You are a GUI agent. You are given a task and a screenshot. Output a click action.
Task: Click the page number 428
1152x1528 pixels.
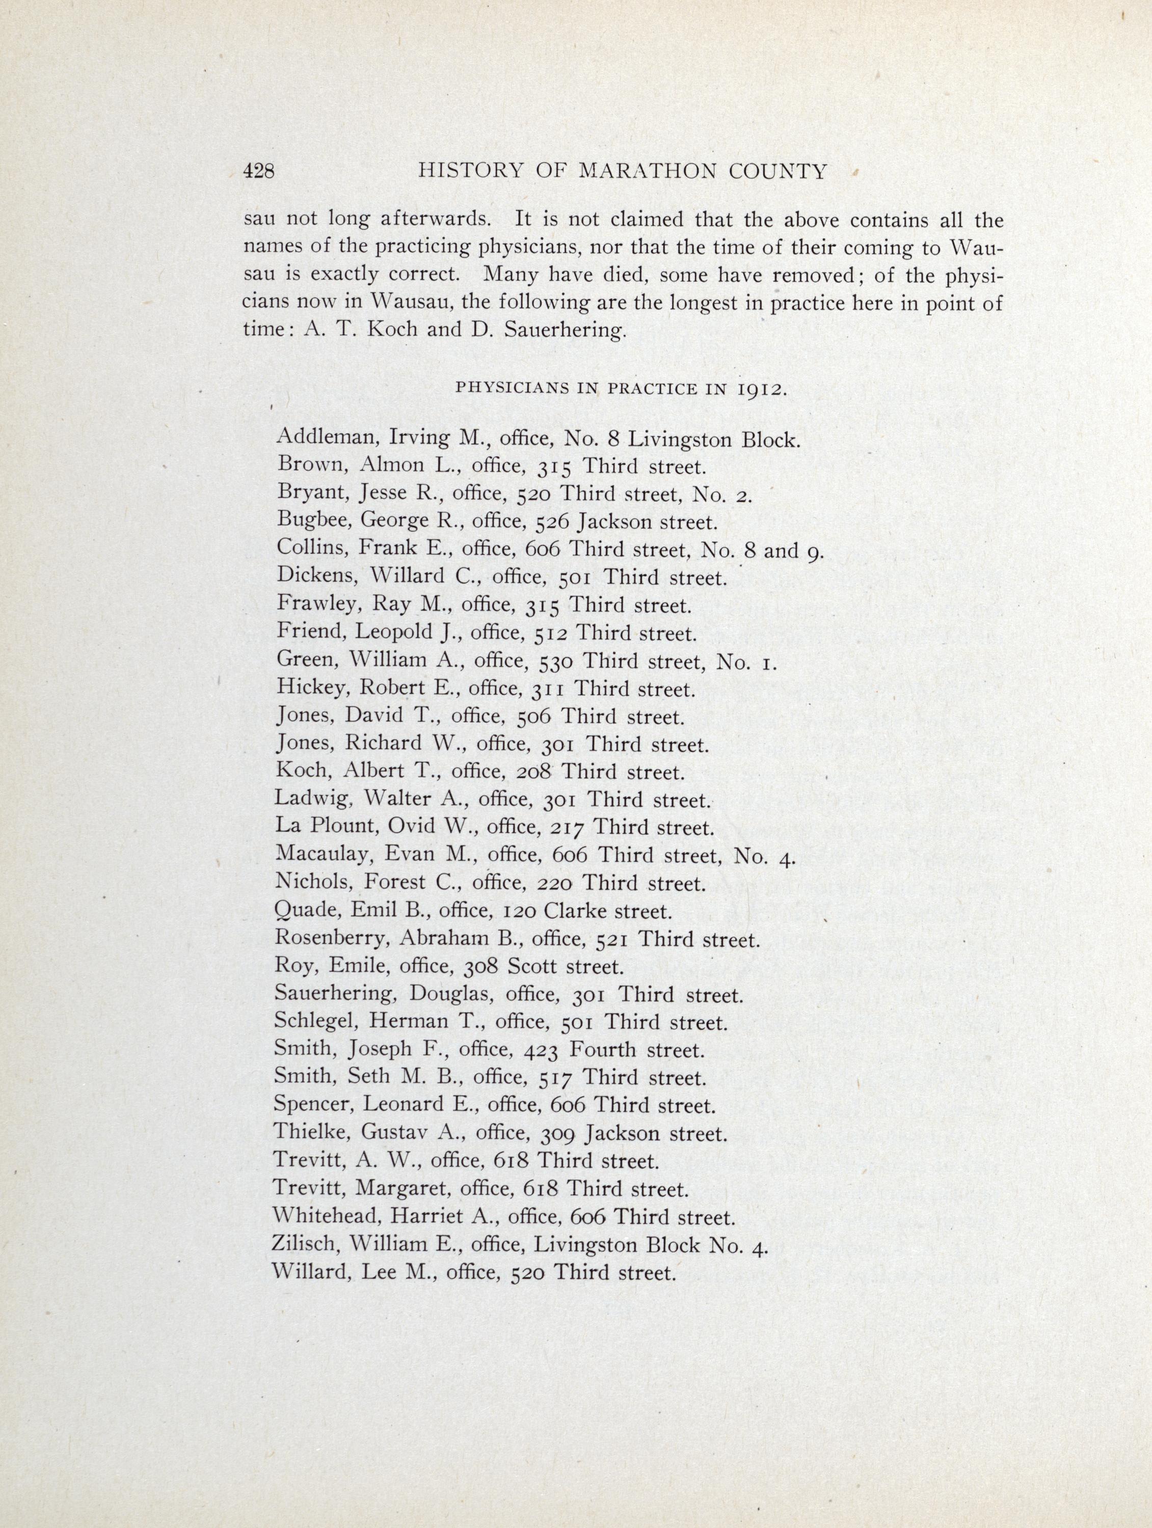tap(258, 171)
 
